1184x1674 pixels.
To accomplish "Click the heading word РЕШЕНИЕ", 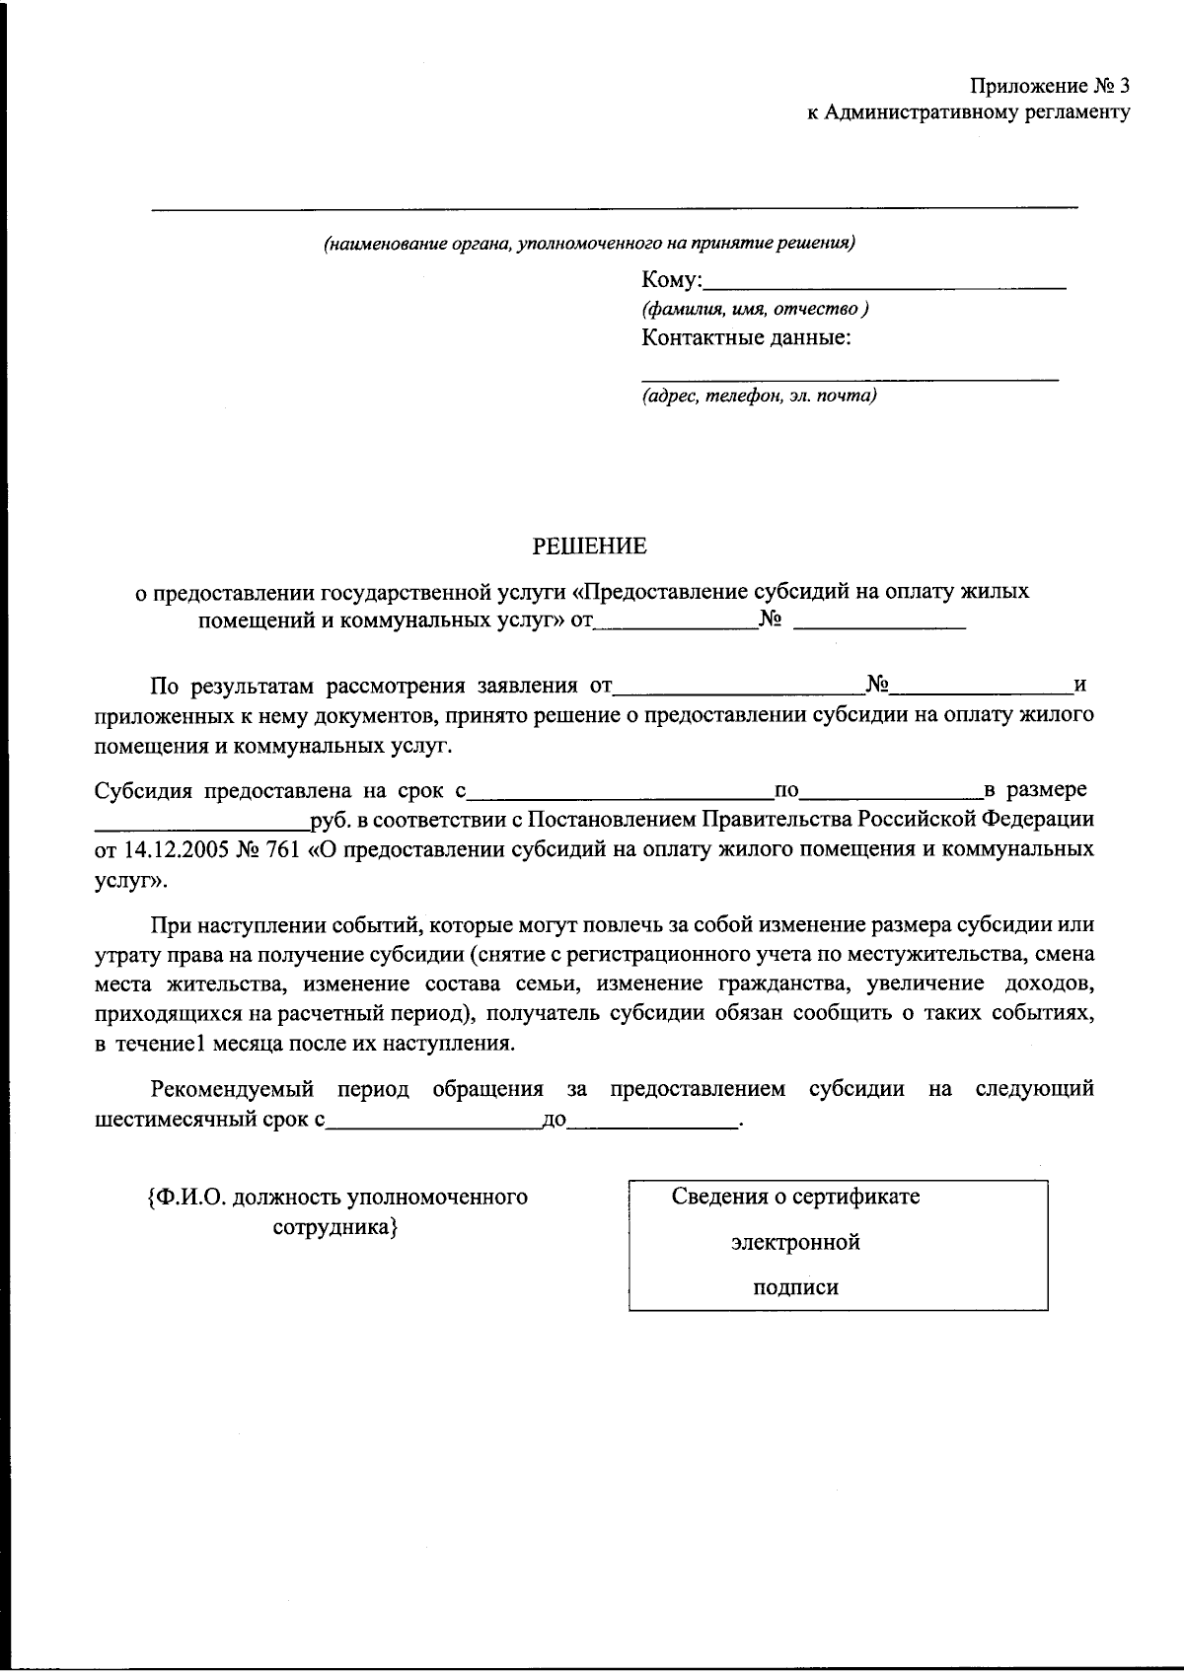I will [591, 546].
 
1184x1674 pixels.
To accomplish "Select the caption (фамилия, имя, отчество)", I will [755, 309].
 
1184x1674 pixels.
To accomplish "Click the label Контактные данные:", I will [746, 338].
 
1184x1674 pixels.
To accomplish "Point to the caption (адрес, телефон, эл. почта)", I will [759, 396].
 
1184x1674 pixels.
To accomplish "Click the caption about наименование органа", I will [590, 243].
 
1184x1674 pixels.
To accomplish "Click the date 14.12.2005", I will [176, 849].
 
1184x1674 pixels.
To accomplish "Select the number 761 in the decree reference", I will [281, 849].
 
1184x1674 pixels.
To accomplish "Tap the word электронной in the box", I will [795, 1242].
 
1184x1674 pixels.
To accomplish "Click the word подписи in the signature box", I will [795, 1286].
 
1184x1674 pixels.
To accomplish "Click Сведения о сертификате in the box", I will [795, 1197].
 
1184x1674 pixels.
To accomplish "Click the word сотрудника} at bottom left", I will [334, 1228].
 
